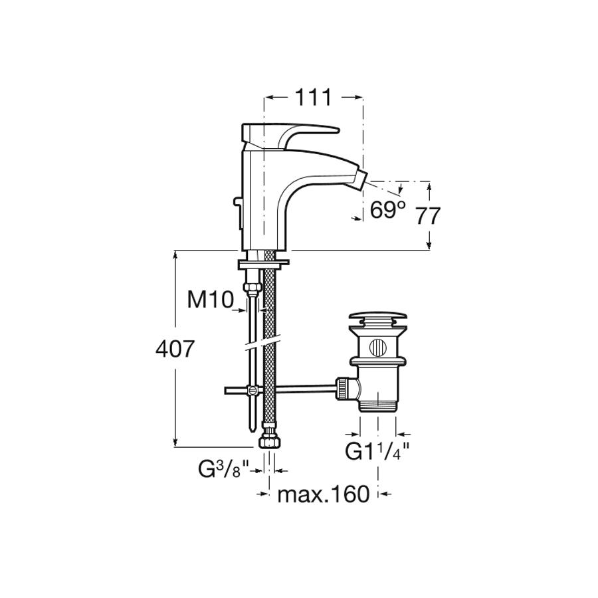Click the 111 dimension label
pyautogui.click(x=314, y=98)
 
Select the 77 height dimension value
pyautogui.click(x=427, y=216)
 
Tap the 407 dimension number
pyautogui.click(x=175, y=349)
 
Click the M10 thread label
pyautogui.click(x=210, y=299)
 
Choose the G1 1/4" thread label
pyautogui.click(x=377, y=451)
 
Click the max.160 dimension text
pyautogui.click(x=324, y=494)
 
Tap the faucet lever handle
pyautogui.click(x=290, y=136)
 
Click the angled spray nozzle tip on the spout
pyautogui.click(x=359, y=177)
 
